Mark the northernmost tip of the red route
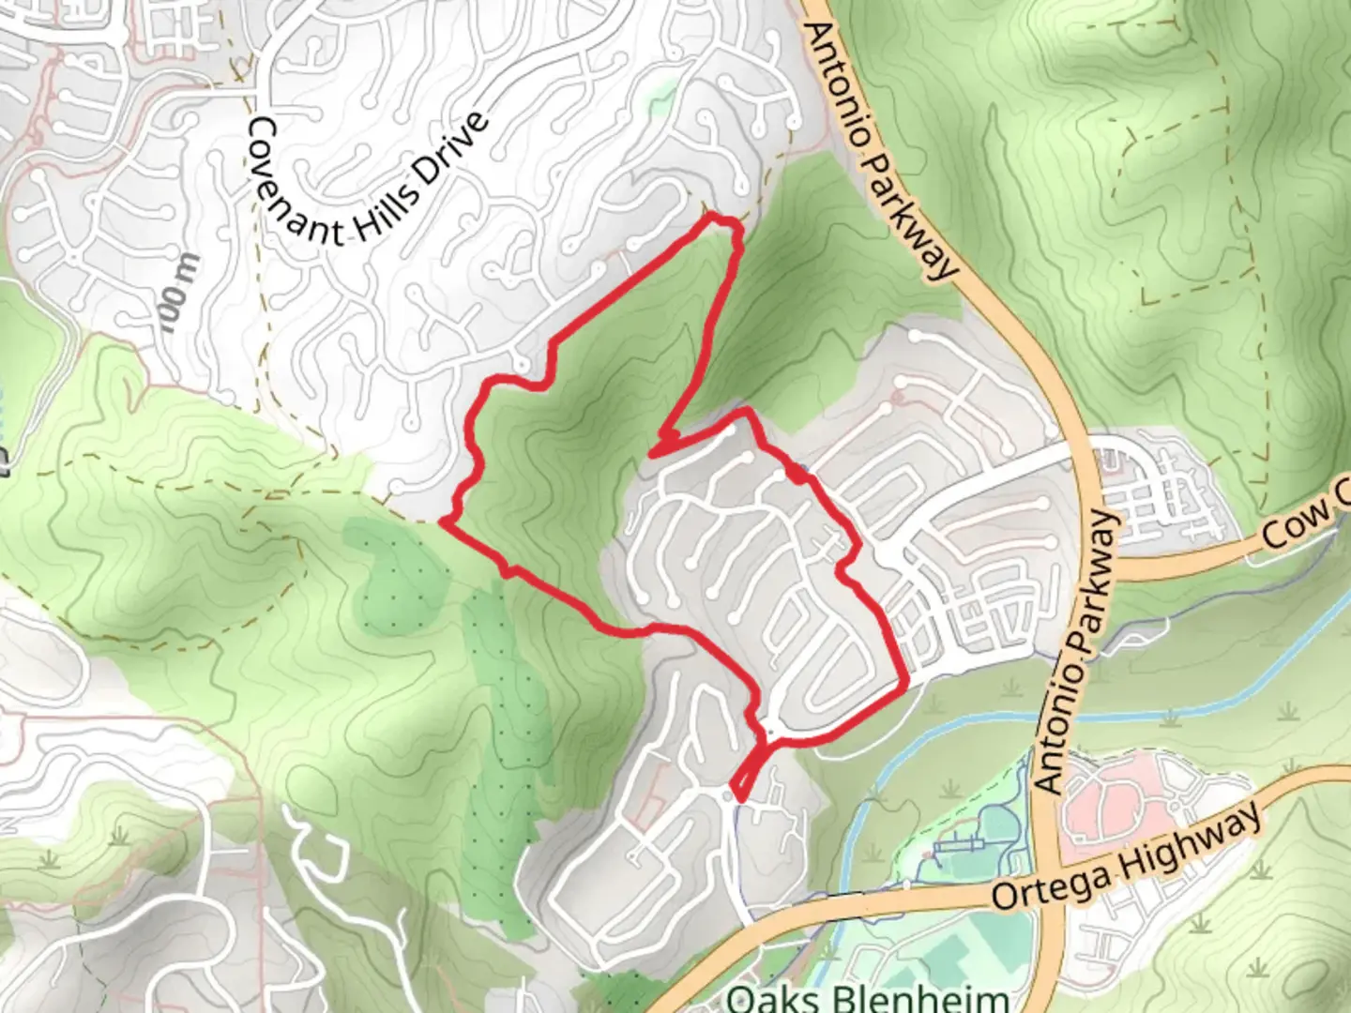(718, 218)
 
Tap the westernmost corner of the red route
(442, 522)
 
